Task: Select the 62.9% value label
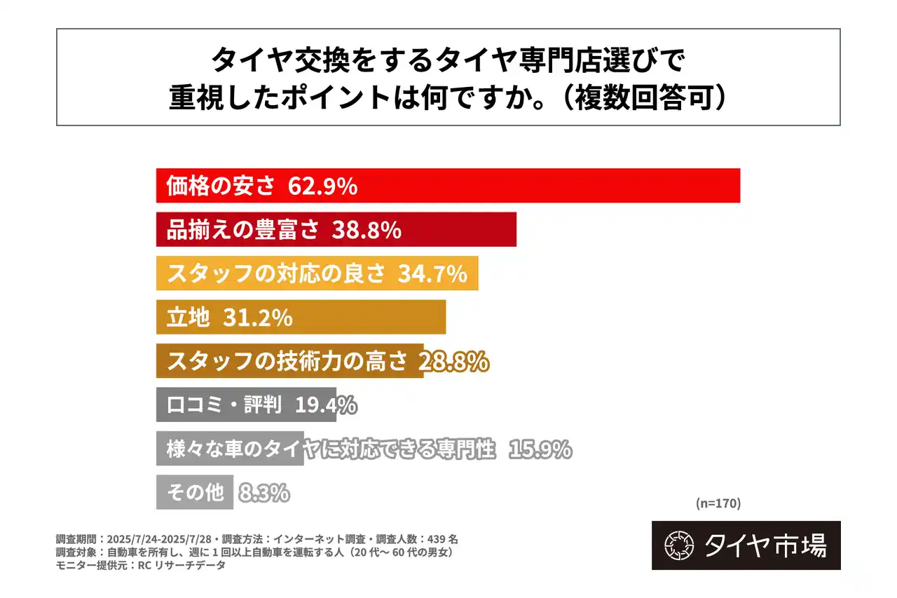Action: coord(323,186)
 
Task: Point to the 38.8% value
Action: coord(366,230)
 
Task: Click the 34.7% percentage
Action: coord(432,274)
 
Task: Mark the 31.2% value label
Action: coord(257,318)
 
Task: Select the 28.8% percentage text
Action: coord(453,362)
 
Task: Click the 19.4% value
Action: coord(326,405)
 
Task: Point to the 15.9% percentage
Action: coord(540,449)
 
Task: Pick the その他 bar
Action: coord(194,493)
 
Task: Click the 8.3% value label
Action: coord(264,493)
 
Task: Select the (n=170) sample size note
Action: coord(718,503)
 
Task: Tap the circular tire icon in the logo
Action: coord(678,545)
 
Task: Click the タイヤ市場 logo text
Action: coord(765,545)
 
